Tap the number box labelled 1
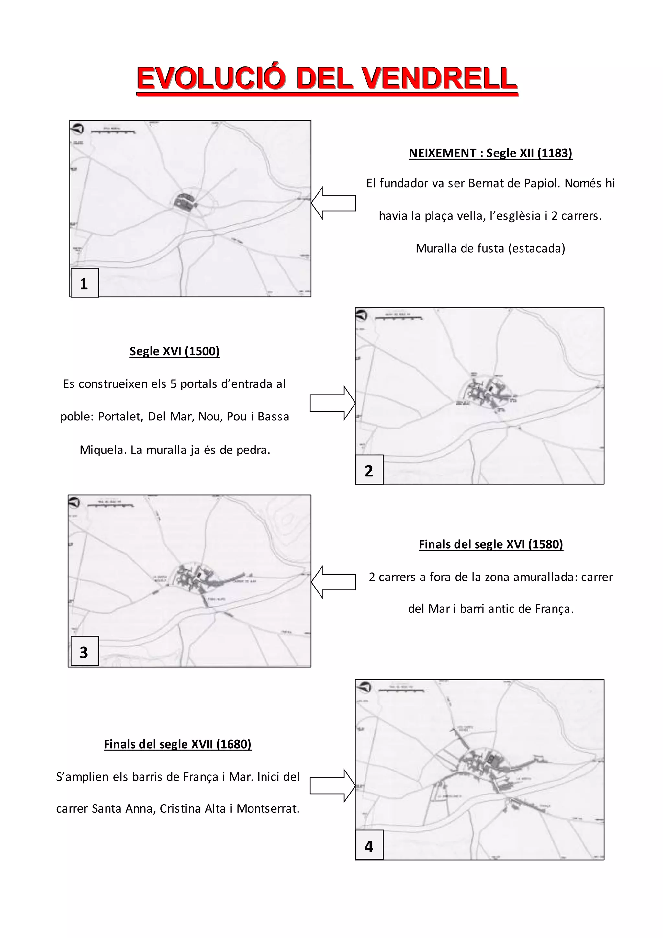click(x=84, y=283)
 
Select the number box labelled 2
click(x=369, y=470)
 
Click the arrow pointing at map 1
click(x=333, y=203)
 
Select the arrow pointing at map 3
click(x=333, y=582)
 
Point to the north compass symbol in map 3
click(x=74, y=502)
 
